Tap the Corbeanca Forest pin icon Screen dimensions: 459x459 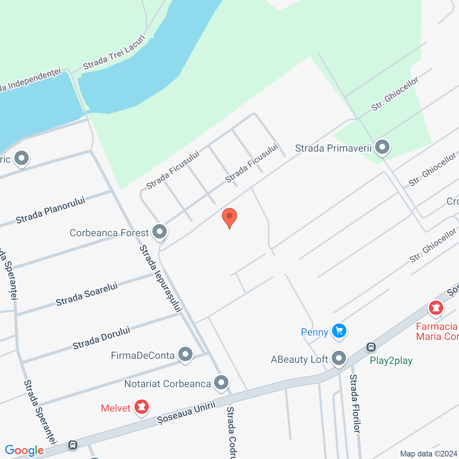[160, 232]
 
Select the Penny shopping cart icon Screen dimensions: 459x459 [339, 331]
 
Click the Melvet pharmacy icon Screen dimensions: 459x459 [142, 407]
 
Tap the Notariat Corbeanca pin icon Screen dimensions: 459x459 [221, 383]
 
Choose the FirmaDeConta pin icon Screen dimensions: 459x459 [185, 355]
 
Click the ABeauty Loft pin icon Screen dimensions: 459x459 [339, 358]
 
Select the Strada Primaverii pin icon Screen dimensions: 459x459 [382, 147]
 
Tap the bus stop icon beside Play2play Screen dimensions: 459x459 [371, 347]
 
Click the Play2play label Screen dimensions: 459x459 [391, 360]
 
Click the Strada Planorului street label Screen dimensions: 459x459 [51, 210]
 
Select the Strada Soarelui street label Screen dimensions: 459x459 [87, 294]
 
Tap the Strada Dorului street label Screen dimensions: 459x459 [101, 338]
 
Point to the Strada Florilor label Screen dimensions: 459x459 [355, 403]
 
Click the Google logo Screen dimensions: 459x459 [24, 450]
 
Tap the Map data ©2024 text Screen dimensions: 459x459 [429, 454]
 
